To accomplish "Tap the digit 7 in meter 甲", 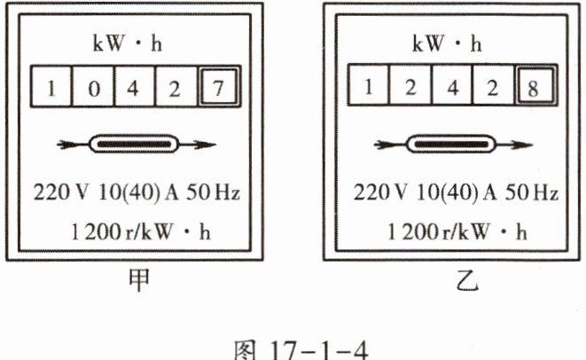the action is (217, 89).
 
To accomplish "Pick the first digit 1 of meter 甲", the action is (52, 89).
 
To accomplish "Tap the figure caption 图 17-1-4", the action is (293, 344).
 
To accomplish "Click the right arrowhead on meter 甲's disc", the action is (204, 143).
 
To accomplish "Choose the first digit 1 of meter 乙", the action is (370, 90).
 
